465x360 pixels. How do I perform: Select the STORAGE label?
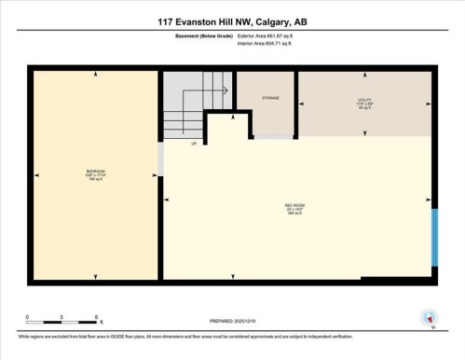click(x=270, y=98)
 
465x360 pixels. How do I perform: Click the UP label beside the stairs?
click(x=194, y=145)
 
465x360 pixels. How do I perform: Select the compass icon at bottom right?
click(x=428, y=317)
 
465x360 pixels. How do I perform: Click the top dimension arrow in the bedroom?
click(x=96, y=74)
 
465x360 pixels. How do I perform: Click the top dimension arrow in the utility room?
click(x=364, y=74)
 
